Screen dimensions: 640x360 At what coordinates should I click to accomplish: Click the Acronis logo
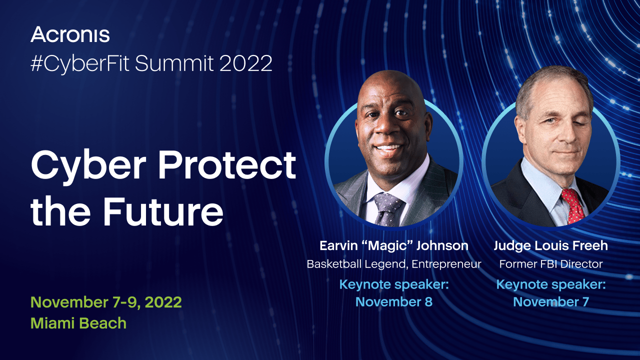point(70,34)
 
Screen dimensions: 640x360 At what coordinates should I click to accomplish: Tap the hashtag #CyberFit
point(80,63)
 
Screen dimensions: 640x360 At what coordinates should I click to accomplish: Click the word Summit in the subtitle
point(174,63)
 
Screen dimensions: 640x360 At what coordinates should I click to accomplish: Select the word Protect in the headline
point(227,165)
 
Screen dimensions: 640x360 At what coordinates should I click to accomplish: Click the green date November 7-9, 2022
point(106,302)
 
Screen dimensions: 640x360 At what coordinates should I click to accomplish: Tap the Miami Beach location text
point(78,323)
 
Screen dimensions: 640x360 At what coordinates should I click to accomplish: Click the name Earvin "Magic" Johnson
point(394,245)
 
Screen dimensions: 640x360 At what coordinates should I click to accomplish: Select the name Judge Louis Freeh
point(550,245)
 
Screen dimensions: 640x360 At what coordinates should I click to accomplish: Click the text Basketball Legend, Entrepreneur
point(394,264)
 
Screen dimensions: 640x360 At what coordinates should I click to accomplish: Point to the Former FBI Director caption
point(551,263)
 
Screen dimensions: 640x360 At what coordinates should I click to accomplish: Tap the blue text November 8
point(394,301)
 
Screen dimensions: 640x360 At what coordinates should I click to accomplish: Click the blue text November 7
point(551,301)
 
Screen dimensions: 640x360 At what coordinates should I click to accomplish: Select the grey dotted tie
point(387,209)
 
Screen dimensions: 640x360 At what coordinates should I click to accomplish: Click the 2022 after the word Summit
point(245,63)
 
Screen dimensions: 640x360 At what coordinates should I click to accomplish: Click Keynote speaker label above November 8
point(394,285)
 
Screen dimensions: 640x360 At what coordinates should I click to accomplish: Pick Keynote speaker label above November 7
point(551,285)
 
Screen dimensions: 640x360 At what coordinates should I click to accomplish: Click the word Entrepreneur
point(446,264)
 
